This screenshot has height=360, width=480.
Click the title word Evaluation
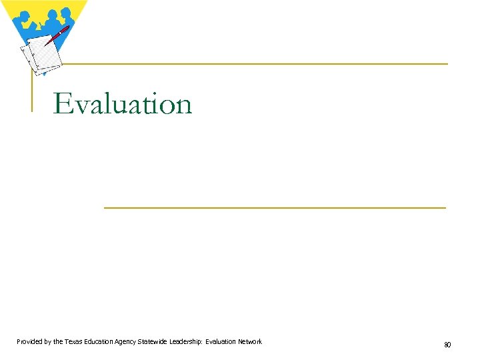coord(123,104)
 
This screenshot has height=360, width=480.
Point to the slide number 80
coord(447,345)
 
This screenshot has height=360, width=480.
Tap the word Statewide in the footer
coord(152,342)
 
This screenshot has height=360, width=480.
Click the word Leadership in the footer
coord(185,342)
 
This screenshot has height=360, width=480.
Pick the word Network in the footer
coord(250,342)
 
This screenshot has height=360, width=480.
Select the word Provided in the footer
coord(31,342)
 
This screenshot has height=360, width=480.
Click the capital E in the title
coord(62,104)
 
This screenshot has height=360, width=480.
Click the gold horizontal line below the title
coord(275,208)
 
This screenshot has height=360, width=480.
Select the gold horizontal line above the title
coord(253,64)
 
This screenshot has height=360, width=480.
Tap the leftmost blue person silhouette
coord(23,20)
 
